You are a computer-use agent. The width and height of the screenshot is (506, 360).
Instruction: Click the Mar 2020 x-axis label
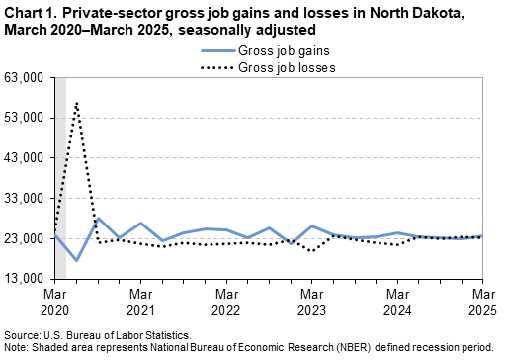click(54, 303)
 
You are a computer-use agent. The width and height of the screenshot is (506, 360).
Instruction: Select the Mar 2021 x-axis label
click(140, 303)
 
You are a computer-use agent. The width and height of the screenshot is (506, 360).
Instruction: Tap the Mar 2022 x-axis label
click(226, 303)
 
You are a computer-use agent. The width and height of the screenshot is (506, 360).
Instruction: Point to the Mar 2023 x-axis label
click(312, 303)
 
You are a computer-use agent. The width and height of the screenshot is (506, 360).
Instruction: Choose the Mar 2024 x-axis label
click(398, 303)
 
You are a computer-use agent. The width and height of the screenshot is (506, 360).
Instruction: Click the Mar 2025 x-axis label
click(482, 303)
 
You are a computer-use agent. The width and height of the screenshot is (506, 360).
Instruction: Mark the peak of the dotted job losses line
click(76, 102)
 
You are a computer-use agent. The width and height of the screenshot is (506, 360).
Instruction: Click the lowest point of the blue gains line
click(76, 260)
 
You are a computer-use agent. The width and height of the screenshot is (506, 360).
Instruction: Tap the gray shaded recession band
click(60, 198)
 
